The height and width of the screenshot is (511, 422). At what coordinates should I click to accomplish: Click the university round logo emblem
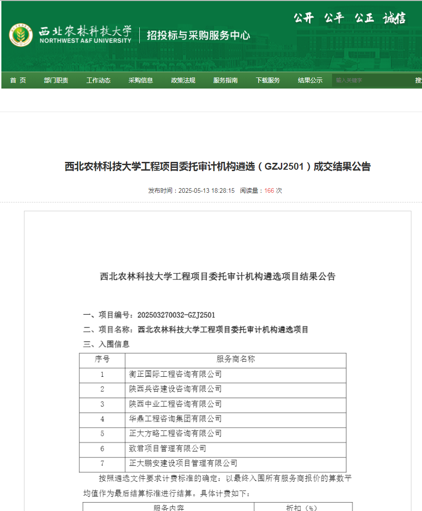pos(21,35)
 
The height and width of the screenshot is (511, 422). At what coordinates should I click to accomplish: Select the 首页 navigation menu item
pos(18,80)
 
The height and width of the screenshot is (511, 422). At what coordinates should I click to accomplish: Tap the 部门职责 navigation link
pos(56,80)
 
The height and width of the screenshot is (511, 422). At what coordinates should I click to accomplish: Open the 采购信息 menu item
pos(141,80)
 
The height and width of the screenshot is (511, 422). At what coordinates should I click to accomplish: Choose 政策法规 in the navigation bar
pos(183,80)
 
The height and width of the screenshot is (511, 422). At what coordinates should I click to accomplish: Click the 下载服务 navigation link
pos(268,80)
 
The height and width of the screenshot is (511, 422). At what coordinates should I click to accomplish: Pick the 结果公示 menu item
pos(310,80)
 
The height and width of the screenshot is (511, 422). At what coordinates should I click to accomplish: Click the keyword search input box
pos(371,80)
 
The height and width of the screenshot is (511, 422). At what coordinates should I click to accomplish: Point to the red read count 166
pos(269,190)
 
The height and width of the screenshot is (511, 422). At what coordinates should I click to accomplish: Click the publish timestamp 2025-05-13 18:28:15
pos(206,190)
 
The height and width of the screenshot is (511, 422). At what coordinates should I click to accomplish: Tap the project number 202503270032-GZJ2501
pos(176,315)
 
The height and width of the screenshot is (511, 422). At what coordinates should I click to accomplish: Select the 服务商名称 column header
pos(236,359)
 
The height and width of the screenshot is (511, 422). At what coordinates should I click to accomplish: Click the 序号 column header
pos(102,359)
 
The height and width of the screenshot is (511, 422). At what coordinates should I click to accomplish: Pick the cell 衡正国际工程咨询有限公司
pos(175,374)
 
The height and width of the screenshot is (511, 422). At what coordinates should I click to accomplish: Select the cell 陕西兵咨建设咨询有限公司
pos(175,389)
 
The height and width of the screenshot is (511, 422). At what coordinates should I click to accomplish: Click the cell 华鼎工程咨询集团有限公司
pos(175,419)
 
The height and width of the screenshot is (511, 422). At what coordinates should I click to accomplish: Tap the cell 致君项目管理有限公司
pos(167,448)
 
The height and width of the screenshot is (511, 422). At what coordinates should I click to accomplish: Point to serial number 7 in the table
pos(102,463)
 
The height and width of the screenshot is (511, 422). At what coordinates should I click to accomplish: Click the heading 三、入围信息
pos(106,344)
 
